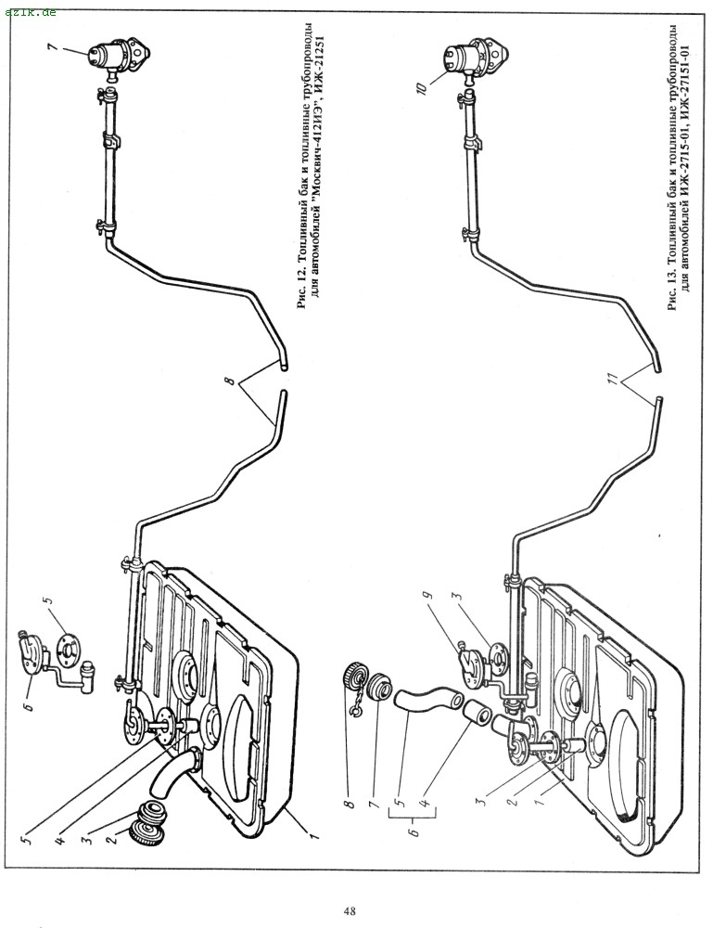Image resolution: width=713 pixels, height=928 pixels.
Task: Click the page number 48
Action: pos(349,910)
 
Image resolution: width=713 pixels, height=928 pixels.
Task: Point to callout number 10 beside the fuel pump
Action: pos(421,89)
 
